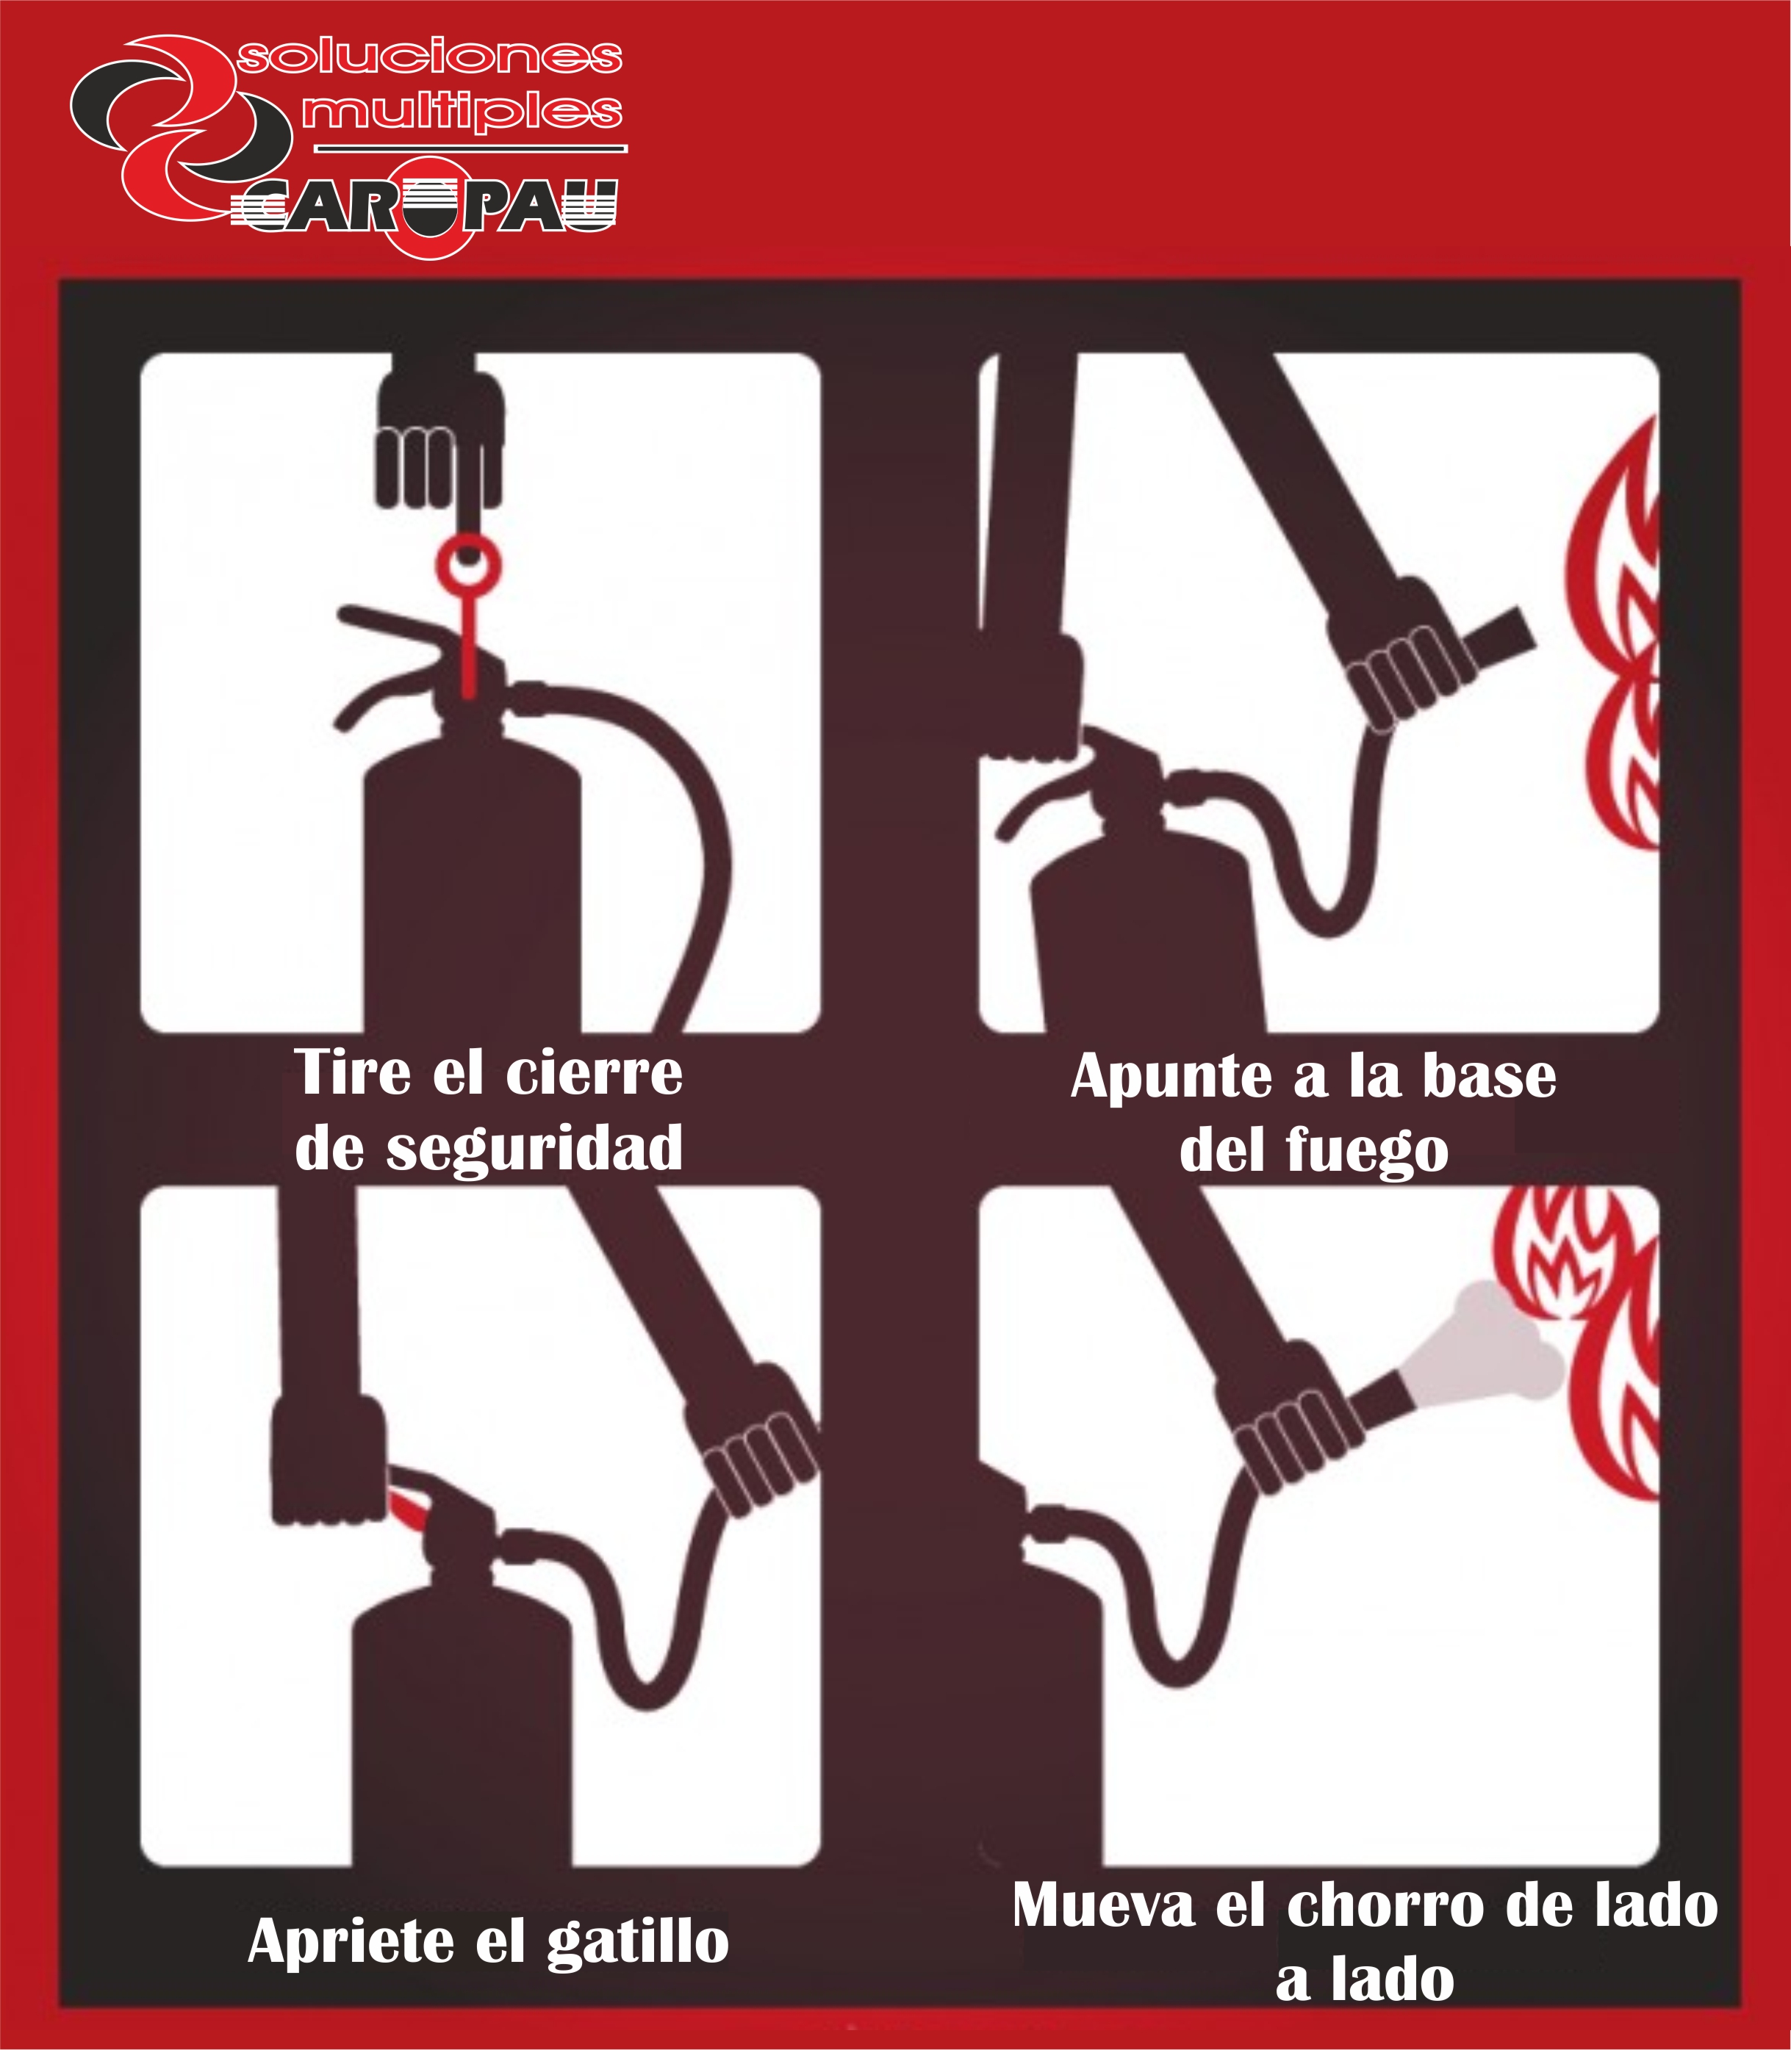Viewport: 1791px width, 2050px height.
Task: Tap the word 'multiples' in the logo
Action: (462, 111)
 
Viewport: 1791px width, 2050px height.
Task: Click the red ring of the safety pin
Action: (467, 566)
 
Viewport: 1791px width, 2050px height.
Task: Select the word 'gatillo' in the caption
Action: (638, 1943)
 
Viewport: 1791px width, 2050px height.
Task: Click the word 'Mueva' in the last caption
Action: (1103, 1905)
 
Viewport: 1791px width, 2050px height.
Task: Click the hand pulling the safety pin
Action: (439, 439)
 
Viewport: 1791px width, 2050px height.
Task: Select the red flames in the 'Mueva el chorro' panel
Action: (1589, 1339)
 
